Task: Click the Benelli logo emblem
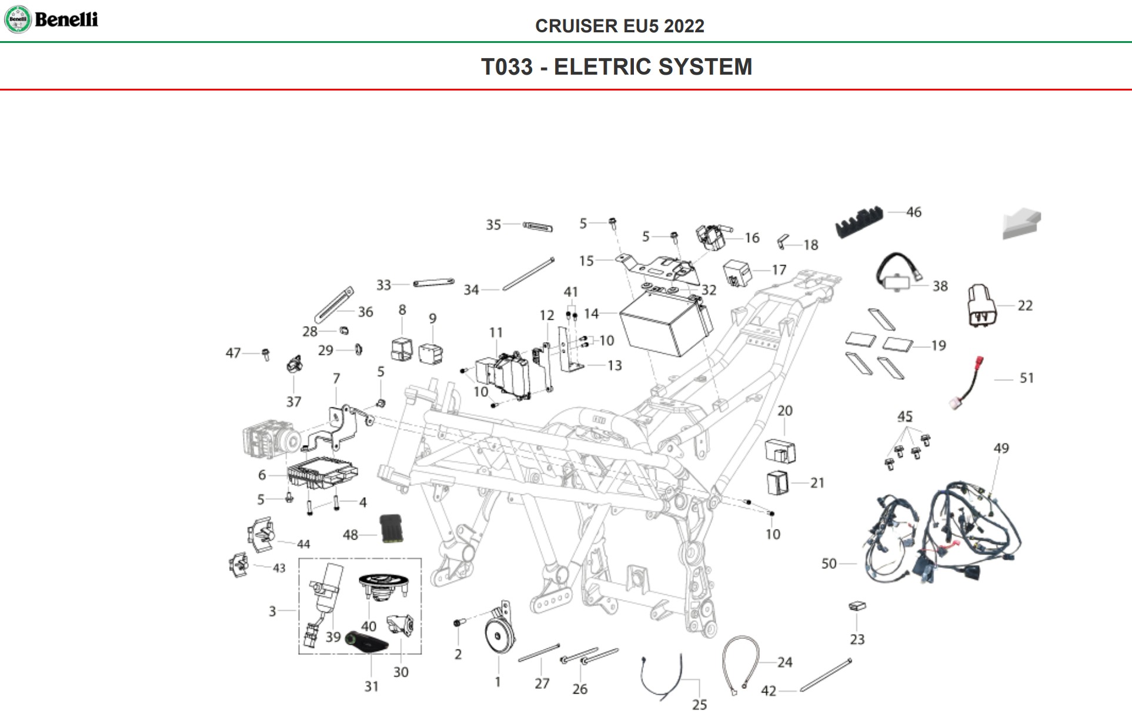click(18, 19)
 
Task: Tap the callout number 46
click(913, 212)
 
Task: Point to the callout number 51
click(1026, 378)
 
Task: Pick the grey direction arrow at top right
click(1022, 224)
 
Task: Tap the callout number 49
click(1001, 448)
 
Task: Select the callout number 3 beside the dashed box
click(272, 611)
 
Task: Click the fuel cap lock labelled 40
click(383, 587)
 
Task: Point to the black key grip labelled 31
click(366, 642)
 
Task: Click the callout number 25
click(699, 704)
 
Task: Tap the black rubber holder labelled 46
click(859, 221)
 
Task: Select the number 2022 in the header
click(684, 26)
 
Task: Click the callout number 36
click(365, 312)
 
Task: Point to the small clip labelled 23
click(857, 606)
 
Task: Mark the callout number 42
click(768, 691)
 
